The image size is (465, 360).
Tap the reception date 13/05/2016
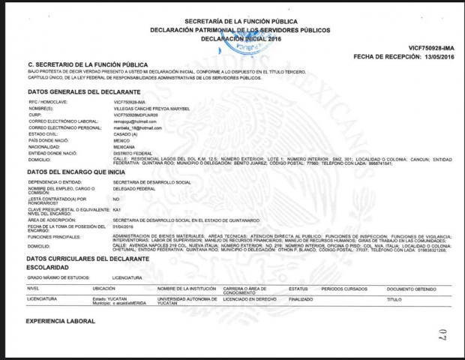[437, 57]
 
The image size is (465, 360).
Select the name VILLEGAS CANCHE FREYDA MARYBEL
[151, 109]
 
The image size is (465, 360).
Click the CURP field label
[36, 115]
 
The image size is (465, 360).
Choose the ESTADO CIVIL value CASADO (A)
[126, 133]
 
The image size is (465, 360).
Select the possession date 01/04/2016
[122, 226]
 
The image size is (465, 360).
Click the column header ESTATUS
[298, 288]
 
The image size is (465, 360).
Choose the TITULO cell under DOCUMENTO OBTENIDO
[394, 298]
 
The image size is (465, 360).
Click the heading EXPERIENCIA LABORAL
[61, 321]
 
